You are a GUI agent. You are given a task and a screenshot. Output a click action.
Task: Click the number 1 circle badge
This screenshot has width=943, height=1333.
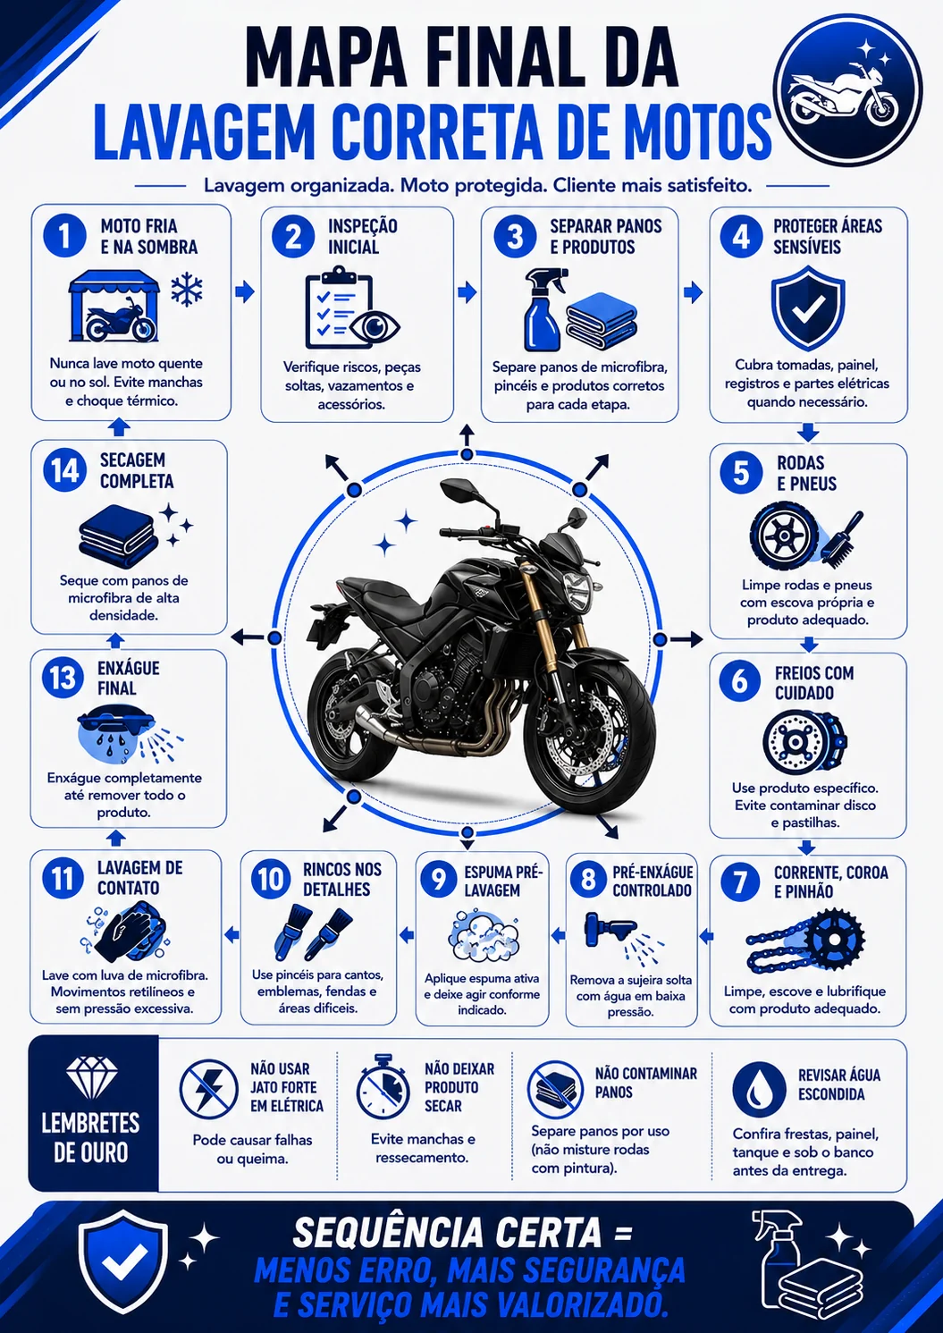point(64,236)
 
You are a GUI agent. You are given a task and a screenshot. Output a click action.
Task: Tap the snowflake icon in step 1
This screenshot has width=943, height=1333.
point(187,290)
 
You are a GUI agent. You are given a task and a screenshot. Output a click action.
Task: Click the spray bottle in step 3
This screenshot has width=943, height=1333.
point(543,309)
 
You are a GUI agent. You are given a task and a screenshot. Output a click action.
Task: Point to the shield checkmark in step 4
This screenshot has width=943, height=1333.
point(807,307)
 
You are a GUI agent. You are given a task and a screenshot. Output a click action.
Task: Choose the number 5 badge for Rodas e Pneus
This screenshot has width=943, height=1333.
point(741,473)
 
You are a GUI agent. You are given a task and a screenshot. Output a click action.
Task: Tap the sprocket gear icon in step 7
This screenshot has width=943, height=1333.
point(833,939)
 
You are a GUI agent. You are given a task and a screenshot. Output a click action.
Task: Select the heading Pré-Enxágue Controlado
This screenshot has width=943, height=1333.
point(653,882)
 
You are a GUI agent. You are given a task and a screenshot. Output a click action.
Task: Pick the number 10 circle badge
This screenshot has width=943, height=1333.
point(271,880)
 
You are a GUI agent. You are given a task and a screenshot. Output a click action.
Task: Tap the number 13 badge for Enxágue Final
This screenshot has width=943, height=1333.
point(63,679)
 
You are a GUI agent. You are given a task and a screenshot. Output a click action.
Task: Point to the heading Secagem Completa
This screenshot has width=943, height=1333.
point(137,471)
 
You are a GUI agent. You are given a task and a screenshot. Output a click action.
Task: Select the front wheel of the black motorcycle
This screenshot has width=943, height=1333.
point(589,738)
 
